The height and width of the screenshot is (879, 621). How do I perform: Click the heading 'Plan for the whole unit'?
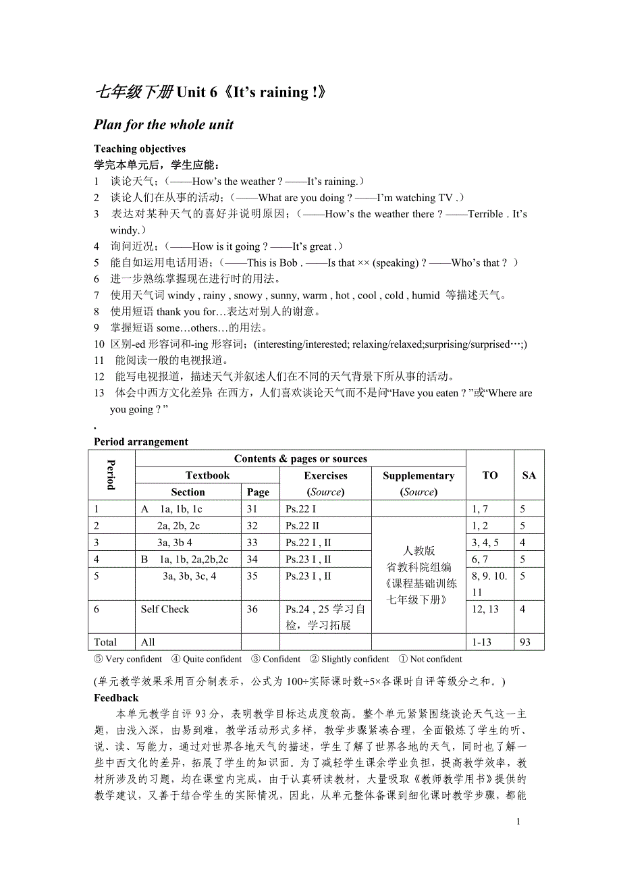163,124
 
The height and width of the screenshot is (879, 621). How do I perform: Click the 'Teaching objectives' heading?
140,149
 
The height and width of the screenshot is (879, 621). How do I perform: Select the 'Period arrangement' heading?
141,442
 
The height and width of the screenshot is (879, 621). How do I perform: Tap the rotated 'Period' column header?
111,475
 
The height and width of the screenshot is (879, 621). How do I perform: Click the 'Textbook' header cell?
208,475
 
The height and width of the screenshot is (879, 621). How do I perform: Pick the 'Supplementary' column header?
418,475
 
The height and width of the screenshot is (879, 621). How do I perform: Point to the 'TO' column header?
490,475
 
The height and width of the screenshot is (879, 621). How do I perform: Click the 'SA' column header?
529,475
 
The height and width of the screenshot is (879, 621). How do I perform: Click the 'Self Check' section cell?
165,609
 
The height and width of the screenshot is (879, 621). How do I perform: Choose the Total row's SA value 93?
528,642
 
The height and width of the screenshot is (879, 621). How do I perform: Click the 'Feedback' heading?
116,697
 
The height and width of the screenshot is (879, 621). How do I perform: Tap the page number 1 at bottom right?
518,822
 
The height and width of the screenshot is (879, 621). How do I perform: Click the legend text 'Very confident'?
134,659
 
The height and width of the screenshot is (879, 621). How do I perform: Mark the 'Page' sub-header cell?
258,492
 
